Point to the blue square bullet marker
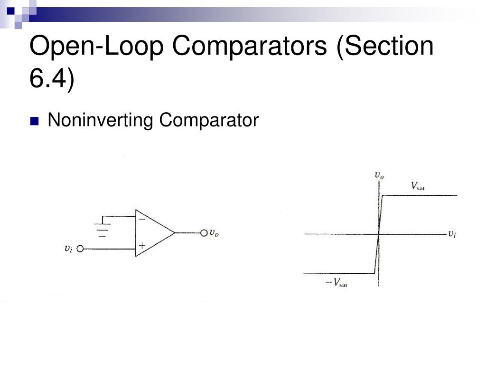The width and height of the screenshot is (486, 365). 34,121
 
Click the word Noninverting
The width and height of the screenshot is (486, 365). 100,121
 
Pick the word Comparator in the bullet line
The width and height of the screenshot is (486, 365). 209,121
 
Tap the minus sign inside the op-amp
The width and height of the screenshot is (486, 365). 141,220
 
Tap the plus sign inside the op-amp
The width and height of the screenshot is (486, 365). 141,246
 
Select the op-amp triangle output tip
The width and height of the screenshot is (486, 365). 174,233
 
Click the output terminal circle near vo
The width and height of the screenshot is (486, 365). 204,233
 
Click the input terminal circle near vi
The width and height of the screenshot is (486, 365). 80,249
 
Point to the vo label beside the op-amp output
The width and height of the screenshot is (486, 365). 214,233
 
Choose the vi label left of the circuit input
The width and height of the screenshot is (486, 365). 69,248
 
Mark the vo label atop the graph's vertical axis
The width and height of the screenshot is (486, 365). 379,175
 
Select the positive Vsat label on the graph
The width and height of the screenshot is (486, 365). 417,186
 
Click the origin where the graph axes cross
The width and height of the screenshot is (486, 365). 379,234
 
